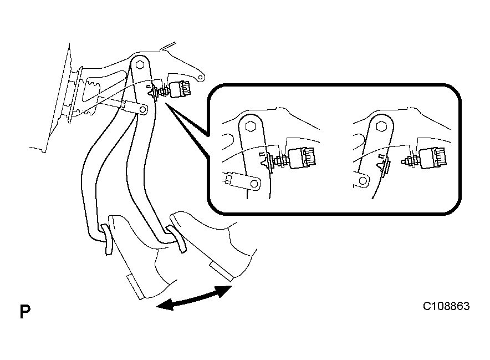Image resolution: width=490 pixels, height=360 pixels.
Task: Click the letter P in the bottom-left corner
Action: [x=25, y=311]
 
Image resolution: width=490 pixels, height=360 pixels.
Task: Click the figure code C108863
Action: [x=446, y=306]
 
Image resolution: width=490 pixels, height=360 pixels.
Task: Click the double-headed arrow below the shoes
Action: [x=194, y=298]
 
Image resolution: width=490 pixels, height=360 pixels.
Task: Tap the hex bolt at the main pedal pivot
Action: [x=140, y=65]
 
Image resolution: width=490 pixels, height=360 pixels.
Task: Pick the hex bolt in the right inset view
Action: [x=381, y=126]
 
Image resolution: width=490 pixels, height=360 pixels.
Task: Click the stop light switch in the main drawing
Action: [x=180, y=89]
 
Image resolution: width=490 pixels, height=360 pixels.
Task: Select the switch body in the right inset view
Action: [x=433, y=158]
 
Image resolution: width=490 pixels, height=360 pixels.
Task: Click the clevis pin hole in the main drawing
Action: [x=143, y=109]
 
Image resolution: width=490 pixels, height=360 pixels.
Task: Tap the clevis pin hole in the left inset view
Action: [x=254, y=183]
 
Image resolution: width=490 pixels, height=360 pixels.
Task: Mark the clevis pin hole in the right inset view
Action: [x=363, y=181]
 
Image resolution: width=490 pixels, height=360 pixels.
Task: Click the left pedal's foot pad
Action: [x=108, y=239]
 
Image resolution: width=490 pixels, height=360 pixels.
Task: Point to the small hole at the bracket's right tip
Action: [x=201, y=77]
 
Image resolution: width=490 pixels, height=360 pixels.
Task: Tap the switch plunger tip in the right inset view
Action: [x=404, y=161]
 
